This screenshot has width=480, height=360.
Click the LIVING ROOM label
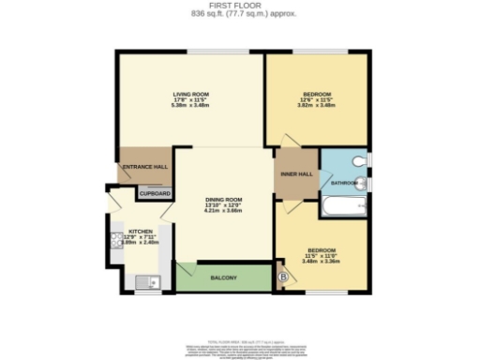(x=189, y=94)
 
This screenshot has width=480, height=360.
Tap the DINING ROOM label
(x=224, y=199)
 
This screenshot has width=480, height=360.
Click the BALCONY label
(x=223, y=278)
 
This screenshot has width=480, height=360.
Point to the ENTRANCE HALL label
(x=144, y=168)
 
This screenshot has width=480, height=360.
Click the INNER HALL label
(x=297, y=174)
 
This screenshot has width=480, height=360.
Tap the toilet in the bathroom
(x=363, y=161)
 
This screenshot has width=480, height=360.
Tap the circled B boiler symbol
(x=284, y=277)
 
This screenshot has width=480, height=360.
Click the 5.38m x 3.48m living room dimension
(x=189, y=105)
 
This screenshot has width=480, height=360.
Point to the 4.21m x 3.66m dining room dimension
(x=224, y=210)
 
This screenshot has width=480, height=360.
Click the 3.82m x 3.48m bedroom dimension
(x=317, y=105)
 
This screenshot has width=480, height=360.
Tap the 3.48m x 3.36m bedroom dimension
(x=322, y=261)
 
